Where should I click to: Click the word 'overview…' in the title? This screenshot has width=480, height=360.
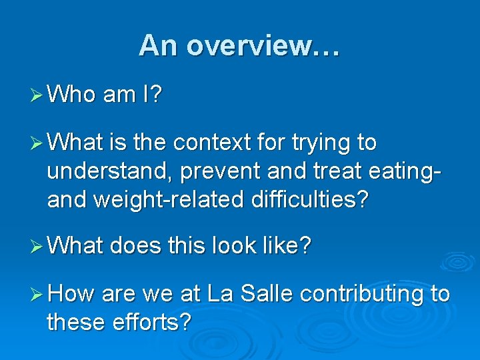click(x=263, y=46)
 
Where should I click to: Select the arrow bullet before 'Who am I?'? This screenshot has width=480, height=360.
click(x=37, y=95)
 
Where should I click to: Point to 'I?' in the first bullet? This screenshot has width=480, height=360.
click(x=151, y=95)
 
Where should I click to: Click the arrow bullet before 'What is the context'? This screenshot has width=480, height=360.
click(x=37, y=143)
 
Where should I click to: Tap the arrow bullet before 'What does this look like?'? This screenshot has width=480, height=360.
click(x=37, y=246)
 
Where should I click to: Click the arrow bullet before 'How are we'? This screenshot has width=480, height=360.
click(x=37, y=294)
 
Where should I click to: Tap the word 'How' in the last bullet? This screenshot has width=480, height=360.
click(x=71, y=294)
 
